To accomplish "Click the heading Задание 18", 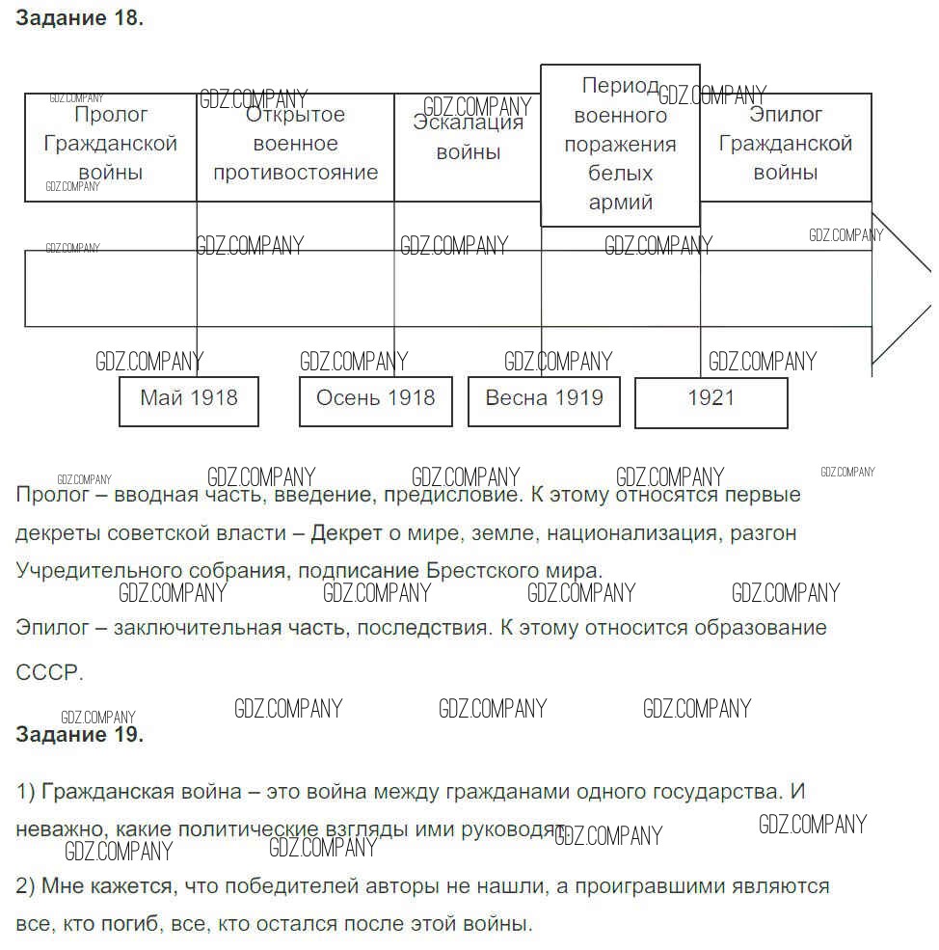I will point(80,18).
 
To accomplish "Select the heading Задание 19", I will point(80,735).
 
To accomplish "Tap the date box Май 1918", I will point(189,400).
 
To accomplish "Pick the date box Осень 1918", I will point(376,400).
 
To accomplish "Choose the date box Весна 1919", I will point(545,400).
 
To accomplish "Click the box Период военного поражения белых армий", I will point(620,145).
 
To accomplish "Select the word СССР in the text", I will point(48,673).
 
